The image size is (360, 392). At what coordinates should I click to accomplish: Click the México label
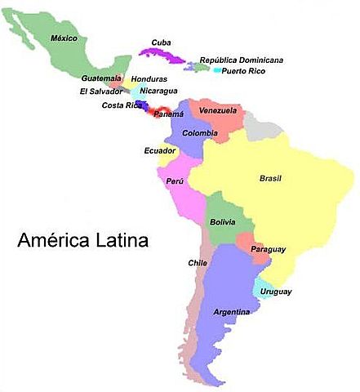click(63, 38)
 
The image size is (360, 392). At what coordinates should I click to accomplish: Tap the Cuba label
click(161, 42)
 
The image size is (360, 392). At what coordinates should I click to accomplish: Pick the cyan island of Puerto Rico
click(217, 70)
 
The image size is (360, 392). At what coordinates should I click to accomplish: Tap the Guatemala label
click(102, 78)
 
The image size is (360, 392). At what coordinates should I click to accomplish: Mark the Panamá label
click(169, 114)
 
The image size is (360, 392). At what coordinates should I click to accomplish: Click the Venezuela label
click(218, 110)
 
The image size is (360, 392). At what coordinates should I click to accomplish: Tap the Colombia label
click(199, 132)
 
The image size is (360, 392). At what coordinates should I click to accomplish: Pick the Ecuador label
click(159, 150)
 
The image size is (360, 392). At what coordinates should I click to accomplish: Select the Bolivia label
click(222, 222)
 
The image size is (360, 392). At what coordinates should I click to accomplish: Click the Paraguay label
click(268, 248)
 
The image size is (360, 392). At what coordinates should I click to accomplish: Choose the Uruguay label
click(276, 292)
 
